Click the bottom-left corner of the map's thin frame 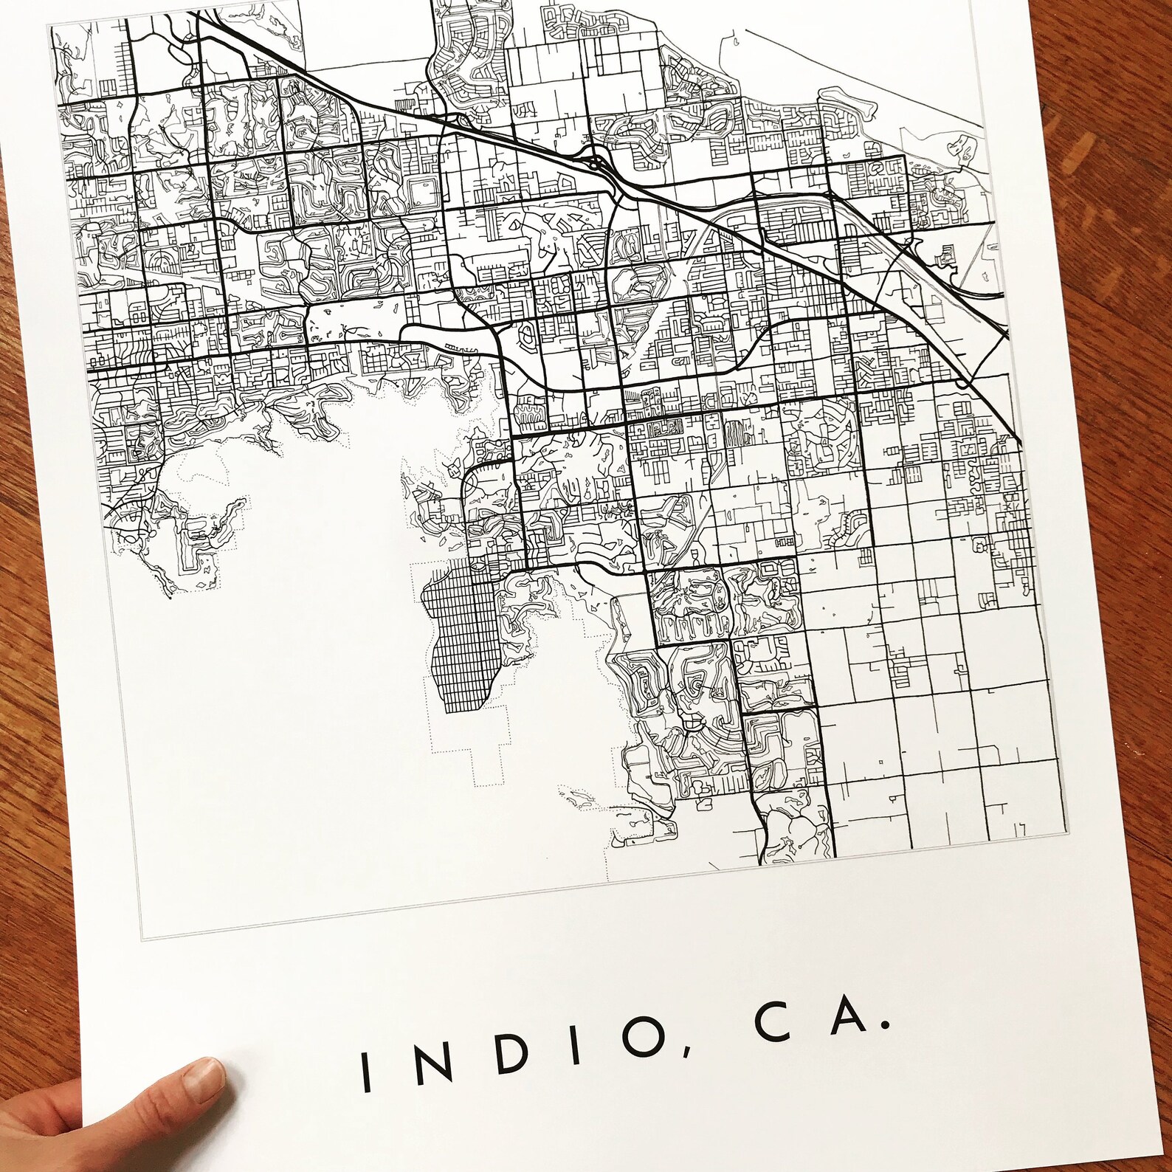pyautogui.click(x=145, y=938)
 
